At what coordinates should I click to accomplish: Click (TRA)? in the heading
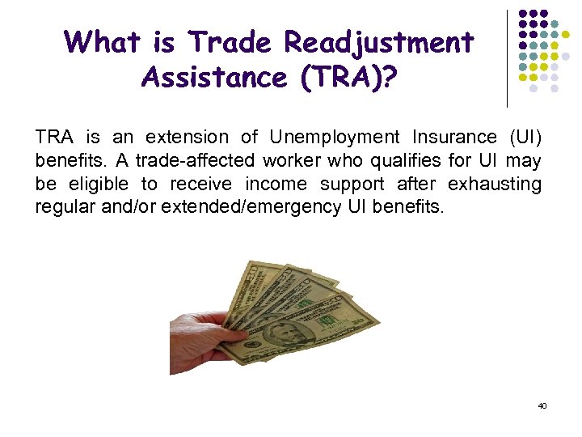[x=352, y=78]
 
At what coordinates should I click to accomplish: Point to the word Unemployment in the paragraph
[x=335, y=138]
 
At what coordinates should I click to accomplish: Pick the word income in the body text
[x=272, y=184]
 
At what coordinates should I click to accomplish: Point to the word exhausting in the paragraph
[x=494, y=184]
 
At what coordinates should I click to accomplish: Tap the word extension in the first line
[x=188, y=138]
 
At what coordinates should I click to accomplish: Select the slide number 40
[x=542, y=405]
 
